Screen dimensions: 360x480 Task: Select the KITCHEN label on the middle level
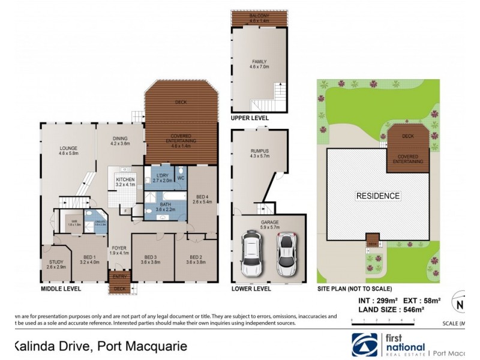pos(125,179)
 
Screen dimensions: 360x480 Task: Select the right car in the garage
pos(287,252)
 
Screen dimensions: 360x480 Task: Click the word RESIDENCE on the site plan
pos(378,196)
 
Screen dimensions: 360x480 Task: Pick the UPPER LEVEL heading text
pos(250,119)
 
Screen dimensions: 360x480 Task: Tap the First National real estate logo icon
pos(362,344)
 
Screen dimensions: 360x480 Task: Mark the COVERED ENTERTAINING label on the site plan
pos(408,158)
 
